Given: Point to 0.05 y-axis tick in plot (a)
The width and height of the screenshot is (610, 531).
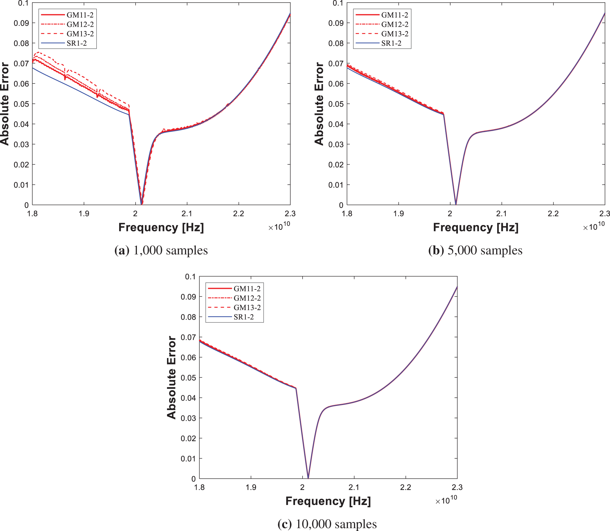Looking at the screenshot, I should pyautogui.click(x=21, y=104).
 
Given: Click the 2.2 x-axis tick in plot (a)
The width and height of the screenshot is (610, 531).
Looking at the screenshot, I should pyautogui.click(x=239, y=214).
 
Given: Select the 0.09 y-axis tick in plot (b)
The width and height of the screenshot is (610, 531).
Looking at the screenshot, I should pyautogui.click(x=336, y=23).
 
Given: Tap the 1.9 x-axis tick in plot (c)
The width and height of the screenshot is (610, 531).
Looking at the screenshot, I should pyautogui.click(x=251, y=487).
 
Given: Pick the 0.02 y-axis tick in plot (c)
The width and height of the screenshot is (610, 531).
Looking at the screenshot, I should pyautogui.click(x=188, y=438).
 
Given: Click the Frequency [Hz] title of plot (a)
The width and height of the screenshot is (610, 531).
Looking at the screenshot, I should pyautogui.click(x=161, y=227).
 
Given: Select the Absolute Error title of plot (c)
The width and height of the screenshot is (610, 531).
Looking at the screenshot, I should pyautogui.click(x=171, y=377).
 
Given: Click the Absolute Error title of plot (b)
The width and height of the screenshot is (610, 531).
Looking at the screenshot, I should pyautogui.click(x=319, y=103).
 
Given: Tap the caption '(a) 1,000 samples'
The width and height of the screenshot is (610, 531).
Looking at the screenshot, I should pyautogui.click(x=161, y=250).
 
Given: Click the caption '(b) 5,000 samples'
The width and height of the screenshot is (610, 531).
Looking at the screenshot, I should pyautogui.click(x=475, y=250).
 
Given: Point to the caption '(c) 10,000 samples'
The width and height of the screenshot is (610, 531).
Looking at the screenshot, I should pyautogui.click(x=327, y=524).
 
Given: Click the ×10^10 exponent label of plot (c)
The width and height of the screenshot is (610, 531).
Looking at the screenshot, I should pyautogui.click(x=446, y=500).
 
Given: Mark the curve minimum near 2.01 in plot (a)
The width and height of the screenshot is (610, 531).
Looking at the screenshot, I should pyautogui.click(x=141, y=204).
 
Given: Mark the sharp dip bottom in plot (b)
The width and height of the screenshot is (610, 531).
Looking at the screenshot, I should pyautogui.click(x=456, y=204).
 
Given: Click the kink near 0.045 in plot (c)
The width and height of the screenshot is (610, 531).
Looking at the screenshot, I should pyautogui.click(x=296, y=388).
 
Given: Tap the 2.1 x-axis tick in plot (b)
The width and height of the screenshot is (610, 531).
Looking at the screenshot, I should pyautogui.click(x=502, y=214).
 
